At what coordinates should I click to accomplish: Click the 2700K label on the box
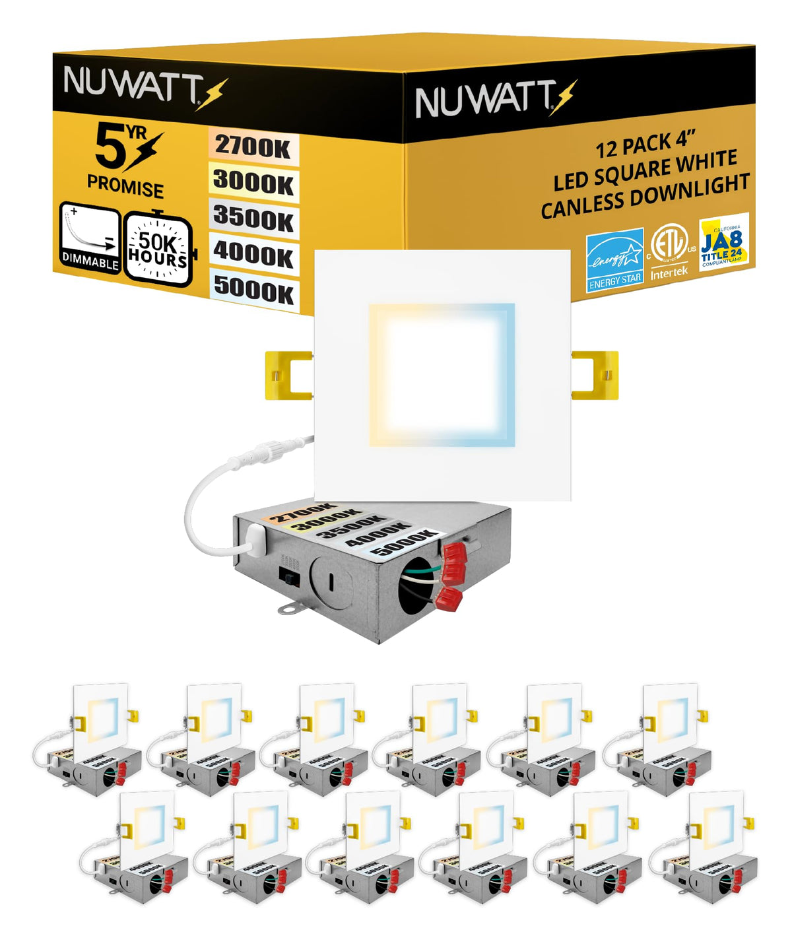coord(253,147)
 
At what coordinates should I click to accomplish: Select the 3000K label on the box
coord(253,182)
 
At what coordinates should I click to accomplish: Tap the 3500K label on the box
coord(253,218)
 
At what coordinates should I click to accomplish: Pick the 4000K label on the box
coord(253,254)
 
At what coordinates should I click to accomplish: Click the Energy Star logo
coord(614,261)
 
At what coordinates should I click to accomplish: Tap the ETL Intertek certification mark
coord(669,250)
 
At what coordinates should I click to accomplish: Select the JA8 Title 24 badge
coord(723,242)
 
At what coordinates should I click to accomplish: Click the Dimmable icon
coord(90,238)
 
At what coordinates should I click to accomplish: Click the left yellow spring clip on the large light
coord(288,375)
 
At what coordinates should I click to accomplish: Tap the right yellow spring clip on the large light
coord(595,375)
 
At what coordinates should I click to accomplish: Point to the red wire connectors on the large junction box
coord(451,572)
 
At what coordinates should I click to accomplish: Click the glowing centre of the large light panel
coord(441,375)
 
